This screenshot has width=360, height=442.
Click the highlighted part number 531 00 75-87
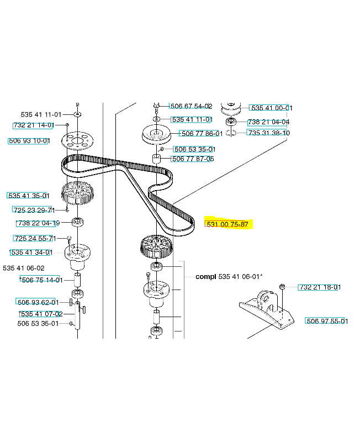[227, 224]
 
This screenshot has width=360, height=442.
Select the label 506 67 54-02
[191, 106]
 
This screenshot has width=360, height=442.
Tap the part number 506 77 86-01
[202, 133]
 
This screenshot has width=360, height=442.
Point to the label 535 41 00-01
[272, 108]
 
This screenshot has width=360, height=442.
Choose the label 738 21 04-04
[268, 122]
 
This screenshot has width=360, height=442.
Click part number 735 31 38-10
[269, 133]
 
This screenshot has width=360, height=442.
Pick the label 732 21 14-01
[34, 125]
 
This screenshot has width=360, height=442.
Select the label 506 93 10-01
[29, 141]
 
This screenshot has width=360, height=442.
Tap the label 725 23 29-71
[34, 210]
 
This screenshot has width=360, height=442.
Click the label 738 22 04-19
[38, 223]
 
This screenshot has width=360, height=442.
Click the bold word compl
[205, 277]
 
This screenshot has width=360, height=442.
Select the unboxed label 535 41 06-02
[24, 268]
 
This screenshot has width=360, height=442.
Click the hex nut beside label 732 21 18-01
[282, 287]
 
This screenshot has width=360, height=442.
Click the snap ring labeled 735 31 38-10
[231, 132]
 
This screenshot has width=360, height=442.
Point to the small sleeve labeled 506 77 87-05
[156, 159]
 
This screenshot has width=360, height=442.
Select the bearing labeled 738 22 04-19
[77, 222]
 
